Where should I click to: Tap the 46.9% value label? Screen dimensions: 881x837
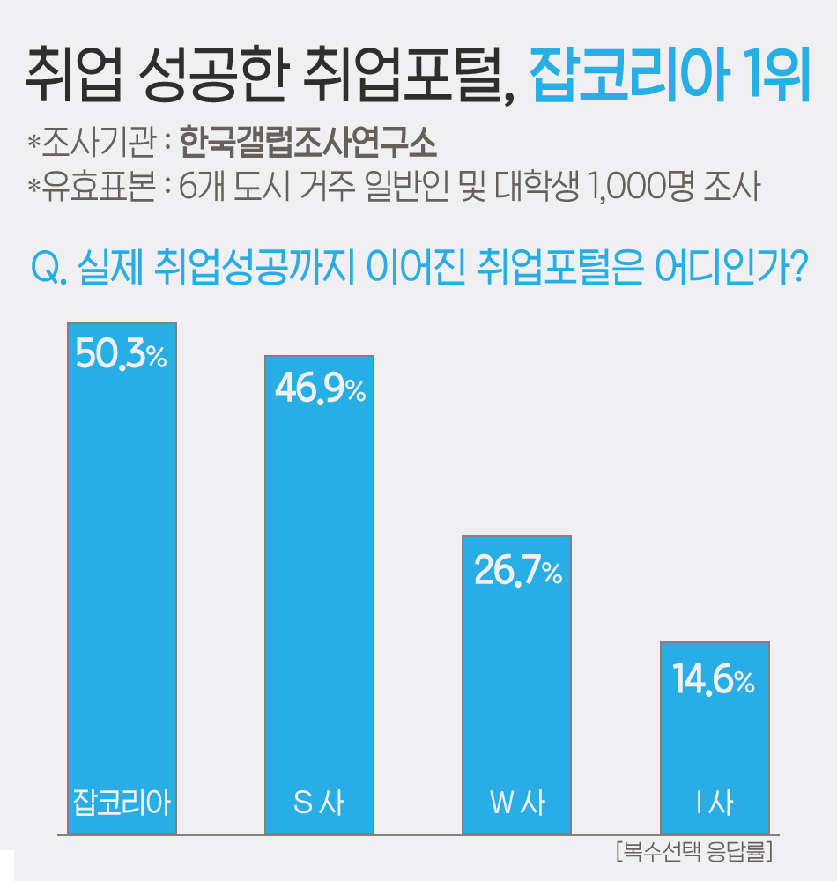coord(320,389)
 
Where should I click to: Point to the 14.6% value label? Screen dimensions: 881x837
coord(714,680)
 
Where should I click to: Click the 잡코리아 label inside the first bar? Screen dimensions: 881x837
coord(122,803)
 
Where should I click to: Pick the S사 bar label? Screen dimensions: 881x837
coord(319,803)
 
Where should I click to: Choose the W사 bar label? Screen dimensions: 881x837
coord(517,803)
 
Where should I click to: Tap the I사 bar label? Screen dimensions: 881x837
coord(715,803)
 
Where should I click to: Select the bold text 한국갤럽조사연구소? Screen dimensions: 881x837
coord(307,142)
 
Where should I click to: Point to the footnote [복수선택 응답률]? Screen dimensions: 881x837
coord(692,852)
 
